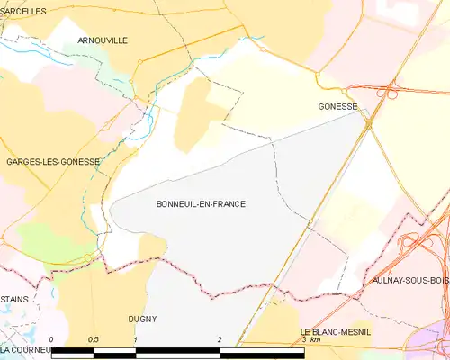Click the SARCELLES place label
tap(23, 11)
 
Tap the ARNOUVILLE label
tap(103, 40)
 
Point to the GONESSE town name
tap(337, 106)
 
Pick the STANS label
tap(13, 298)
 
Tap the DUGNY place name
tap(142, 319)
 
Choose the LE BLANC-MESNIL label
tap(336, 332)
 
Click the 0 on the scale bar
tap(51, 339)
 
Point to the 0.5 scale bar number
tap(93, 339)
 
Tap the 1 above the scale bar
tap(135, 339)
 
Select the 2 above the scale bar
tap(220, 339)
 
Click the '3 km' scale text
tap(310, 339)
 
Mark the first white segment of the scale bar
tap(72, 352)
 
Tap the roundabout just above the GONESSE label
tap(347, 90)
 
